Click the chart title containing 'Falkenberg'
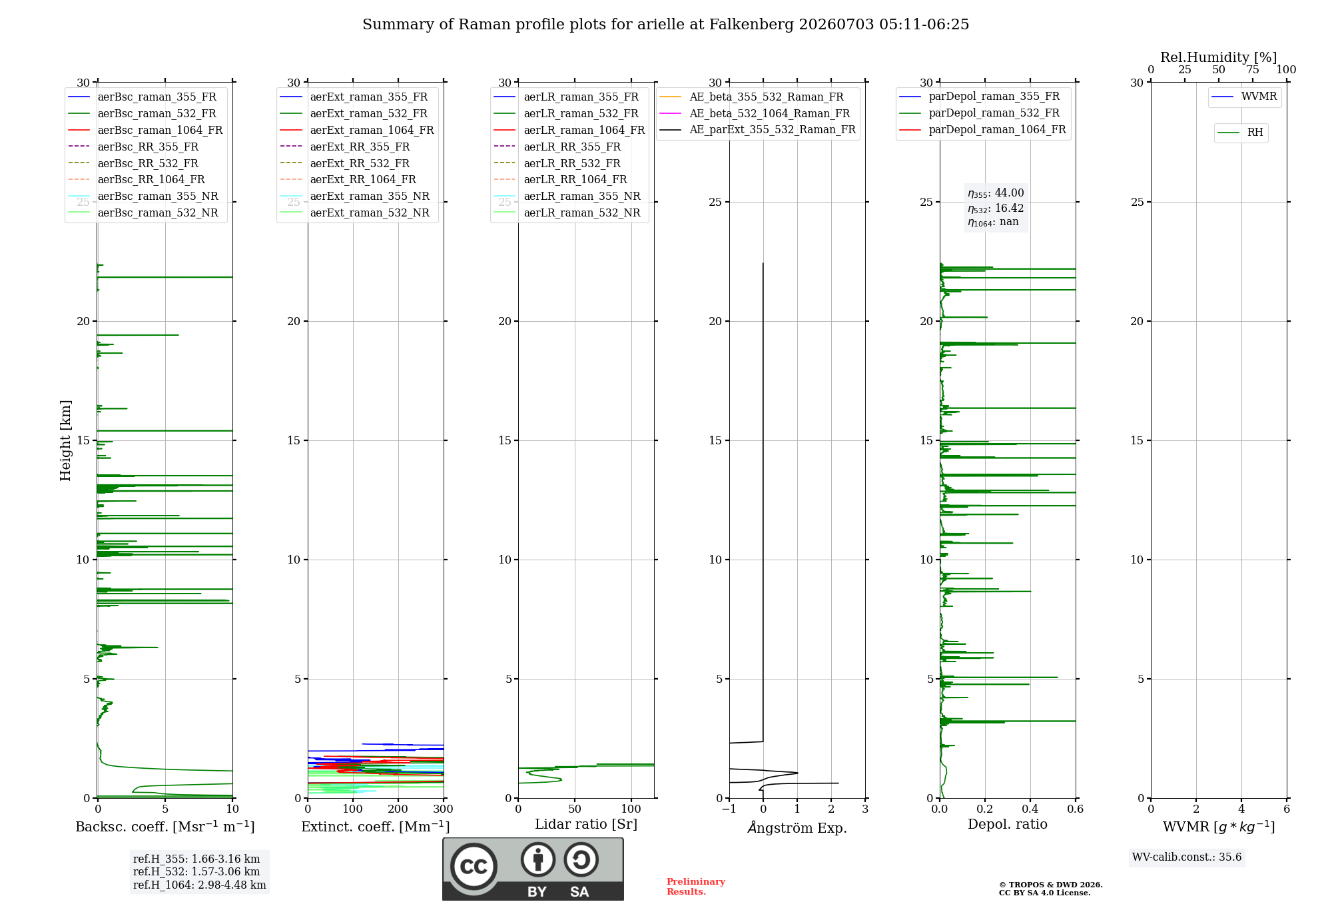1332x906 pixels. click(x=666, y=25)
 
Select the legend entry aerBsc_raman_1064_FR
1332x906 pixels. click(x=145, y=130)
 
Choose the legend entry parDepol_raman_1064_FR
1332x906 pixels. click(x=982, y=129)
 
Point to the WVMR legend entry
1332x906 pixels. click(x=1244, y=97)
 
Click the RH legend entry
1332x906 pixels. click(x=1240, y=133)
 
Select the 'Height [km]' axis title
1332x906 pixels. click(x=65, y=440)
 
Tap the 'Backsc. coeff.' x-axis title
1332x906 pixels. click(x=165, y=827)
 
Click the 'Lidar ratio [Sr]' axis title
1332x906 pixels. click(x=586, y=824)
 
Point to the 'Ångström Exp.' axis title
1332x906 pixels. click(x=797, y=827)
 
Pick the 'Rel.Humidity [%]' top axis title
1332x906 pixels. click(x=1219, y=57)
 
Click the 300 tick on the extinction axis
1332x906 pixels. click(x=443, y=809)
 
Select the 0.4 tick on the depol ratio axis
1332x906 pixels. click(x=1030, y=809)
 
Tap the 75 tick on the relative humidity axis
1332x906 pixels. click(x=1253, y=69)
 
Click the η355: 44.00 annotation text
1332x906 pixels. click(x=996, y=193)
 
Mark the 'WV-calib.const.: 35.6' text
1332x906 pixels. click(x=1187, y=857)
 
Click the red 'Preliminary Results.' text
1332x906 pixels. click(x=696, y=887)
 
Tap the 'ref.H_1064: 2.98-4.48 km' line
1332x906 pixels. click(x=200, y=885)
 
